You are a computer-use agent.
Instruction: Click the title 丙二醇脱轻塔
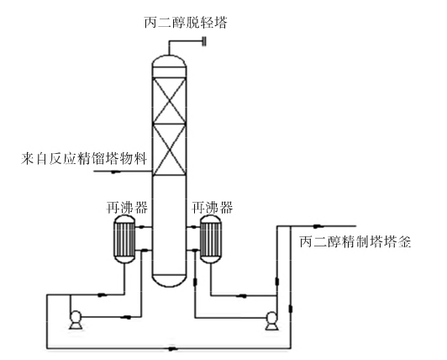click(x=186, y=23)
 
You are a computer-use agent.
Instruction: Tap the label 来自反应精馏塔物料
click(x=84, y=158)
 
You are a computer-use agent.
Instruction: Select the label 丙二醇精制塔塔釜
click(x=355, y=241)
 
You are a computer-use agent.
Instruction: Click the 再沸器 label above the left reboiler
click(x=127, y=208)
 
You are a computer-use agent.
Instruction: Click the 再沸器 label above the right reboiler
click(x=213, y=208)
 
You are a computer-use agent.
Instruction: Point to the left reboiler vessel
click(x=124, y=239)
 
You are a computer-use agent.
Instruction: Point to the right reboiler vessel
click(x=211, y=239)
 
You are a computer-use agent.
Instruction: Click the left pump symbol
click(x=76, y=320)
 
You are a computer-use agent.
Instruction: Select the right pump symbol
click(x=271, y=321)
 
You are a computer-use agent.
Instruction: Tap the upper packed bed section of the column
click(x=170, y=100)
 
